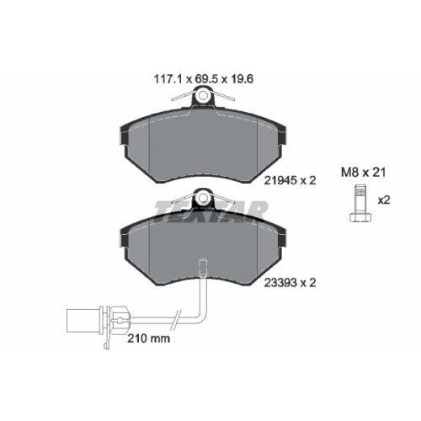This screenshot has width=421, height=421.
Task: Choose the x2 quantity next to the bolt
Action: coord(384,201)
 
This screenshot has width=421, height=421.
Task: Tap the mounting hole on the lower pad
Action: coord(202,200)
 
